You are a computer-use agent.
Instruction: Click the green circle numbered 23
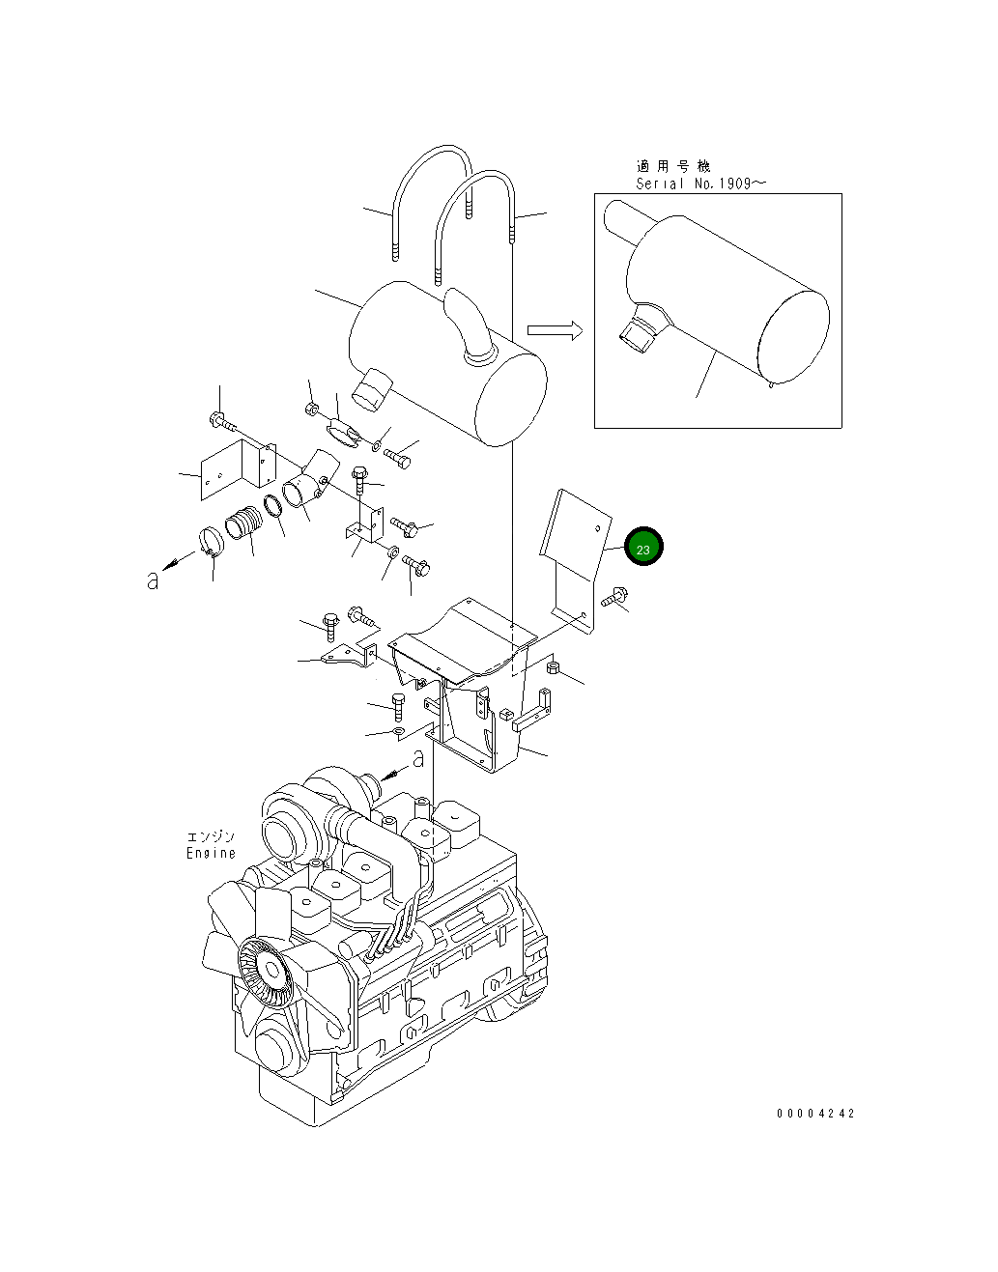click(643, 548)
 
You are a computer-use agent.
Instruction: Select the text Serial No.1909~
click(700, 184)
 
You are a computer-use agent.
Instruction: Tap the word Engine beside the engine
click(211, 853)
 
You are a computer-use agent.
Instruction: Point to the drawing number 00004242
click(815, 1114)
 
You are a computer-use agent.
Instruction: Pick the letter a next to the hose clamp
click(153, 581)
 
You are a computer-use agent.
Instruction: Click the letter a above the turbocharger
click(417, 760)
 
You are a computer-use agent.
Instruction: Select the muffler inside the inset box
click(725, 309)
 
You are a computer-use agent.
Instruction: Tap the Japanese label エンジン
click(211, 836)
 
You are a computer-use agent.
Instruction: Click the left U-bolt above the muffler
click(429, 193)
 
